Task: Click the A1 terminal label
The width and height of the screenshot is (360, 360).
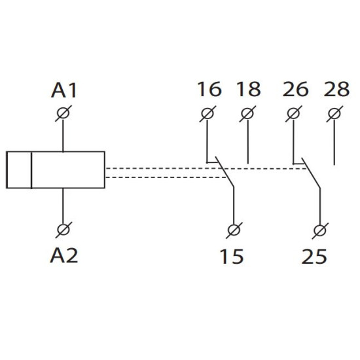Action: pos(64,90)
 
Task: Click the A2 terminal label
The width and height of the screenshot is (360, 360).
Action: pos(64,255)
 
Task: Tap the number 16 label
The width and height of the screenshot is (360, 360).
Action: pos(209,89)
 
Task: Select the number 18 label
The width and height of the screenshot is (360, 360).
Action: pos(249,89)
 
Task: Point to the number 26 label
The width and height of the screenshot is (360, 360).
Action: pos(295,89)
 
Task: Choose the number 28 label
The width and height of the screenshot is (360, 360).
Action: pos(336,89)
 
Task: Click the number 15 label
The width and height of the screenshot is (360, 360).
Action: pos(232,257)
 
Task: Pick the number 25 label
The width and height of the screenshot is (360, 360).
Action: pos(314,257)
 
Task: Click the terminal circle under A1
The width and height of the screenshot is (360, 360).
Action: pos(63,113)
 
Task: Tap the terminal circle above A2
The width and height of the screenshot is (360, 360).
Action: pos(63,230)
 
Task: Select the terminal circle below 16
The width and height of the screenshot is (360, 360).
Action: pos(207,114)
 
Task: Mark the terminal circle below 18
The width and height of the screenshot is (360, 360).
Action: pos(247,114)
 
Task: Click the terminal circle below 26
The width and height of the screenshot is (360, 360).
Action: pos(294,114)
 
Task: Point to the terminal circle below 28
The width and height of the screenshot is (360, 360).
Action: pos(334,114)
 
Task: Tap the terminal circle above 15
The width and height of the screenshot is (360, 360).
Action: pos(234,230)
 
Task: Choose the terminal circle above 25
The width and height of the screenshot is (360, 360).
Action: pos(320,231)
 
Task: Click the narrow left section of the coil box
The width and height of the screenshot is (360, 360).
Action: pos(19,170)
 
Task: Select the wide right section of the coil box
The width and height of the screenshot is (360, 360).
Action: pos(68,170)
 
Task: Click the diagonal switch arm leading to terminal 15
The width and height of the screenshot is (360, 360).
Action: pos(225,172)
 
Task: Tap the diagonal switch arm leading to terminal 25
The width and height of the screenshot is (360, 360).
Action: pos(311,173)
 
